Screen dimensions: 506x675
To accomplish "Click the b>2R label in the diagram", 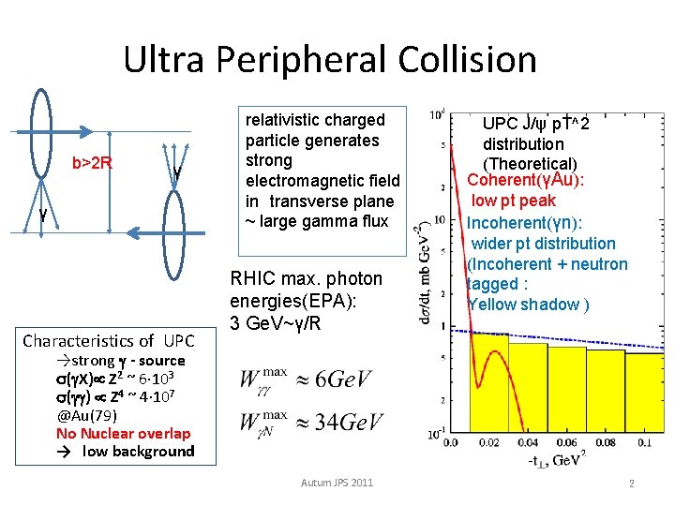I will point(93,164).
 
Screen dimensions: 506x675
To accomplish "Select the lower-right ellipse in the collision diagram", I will point(177,253).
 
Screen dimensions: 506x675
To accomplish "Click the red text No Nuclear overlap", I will point(123,433).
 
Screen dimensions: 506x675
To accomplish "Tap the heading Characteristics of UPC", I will point(108,340).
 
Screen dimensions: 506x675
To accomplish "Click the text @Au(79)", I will point(88,415).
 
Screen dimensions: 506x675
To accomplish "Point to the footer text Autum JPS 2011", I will point(337,482).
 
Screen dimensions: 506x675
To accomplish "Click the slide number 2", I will point(632,484).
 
